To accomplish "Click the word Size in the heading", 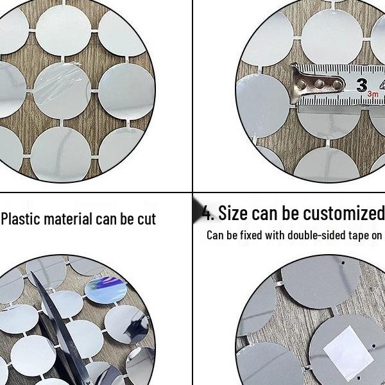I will [x=233, y=212].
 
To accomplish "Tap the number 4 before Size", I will [x=207, y=212].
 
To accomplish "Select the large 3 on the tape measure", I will [x=362, y=85].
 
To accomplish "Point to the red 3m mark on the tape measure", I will [x=373, y=94].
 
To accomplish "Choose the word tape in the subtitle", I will [x=356, y=235].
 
